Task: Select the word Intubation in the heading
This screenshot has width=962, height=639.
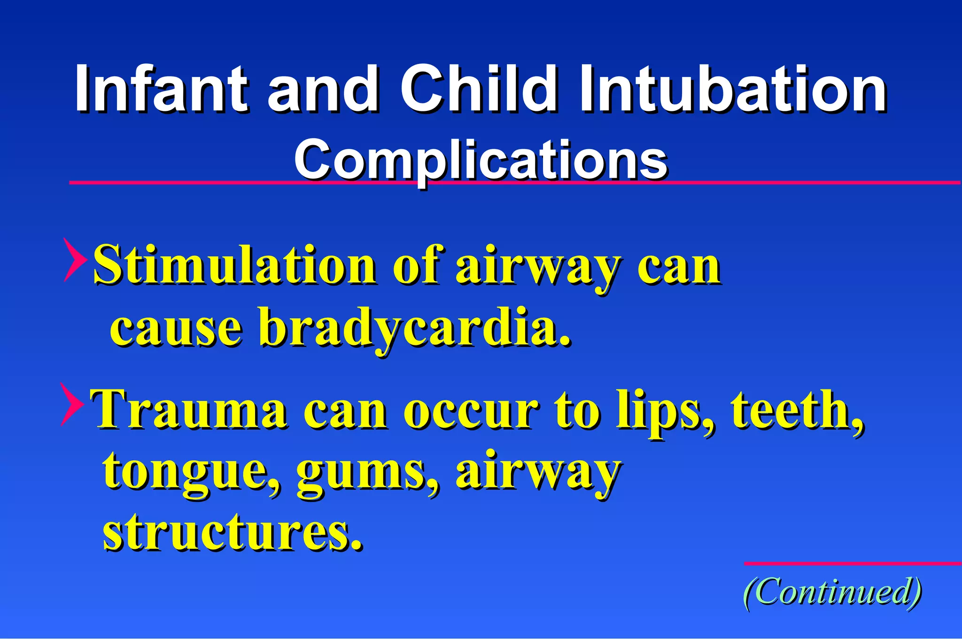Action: (x=733, y=89)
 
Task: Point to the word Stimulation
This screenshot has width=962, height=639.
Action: (x=235, y=265)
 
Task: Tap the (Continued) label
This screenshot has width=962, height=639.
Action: (x=832, y=592)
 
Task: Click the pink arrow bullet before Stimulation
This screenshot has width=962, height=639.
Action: (x=75, y=259)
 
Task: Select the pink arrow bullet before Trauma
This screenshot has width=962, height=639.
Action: (x=72, y=404)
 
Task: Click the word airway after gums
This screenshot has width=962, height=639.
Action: (x=538, y=472)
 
